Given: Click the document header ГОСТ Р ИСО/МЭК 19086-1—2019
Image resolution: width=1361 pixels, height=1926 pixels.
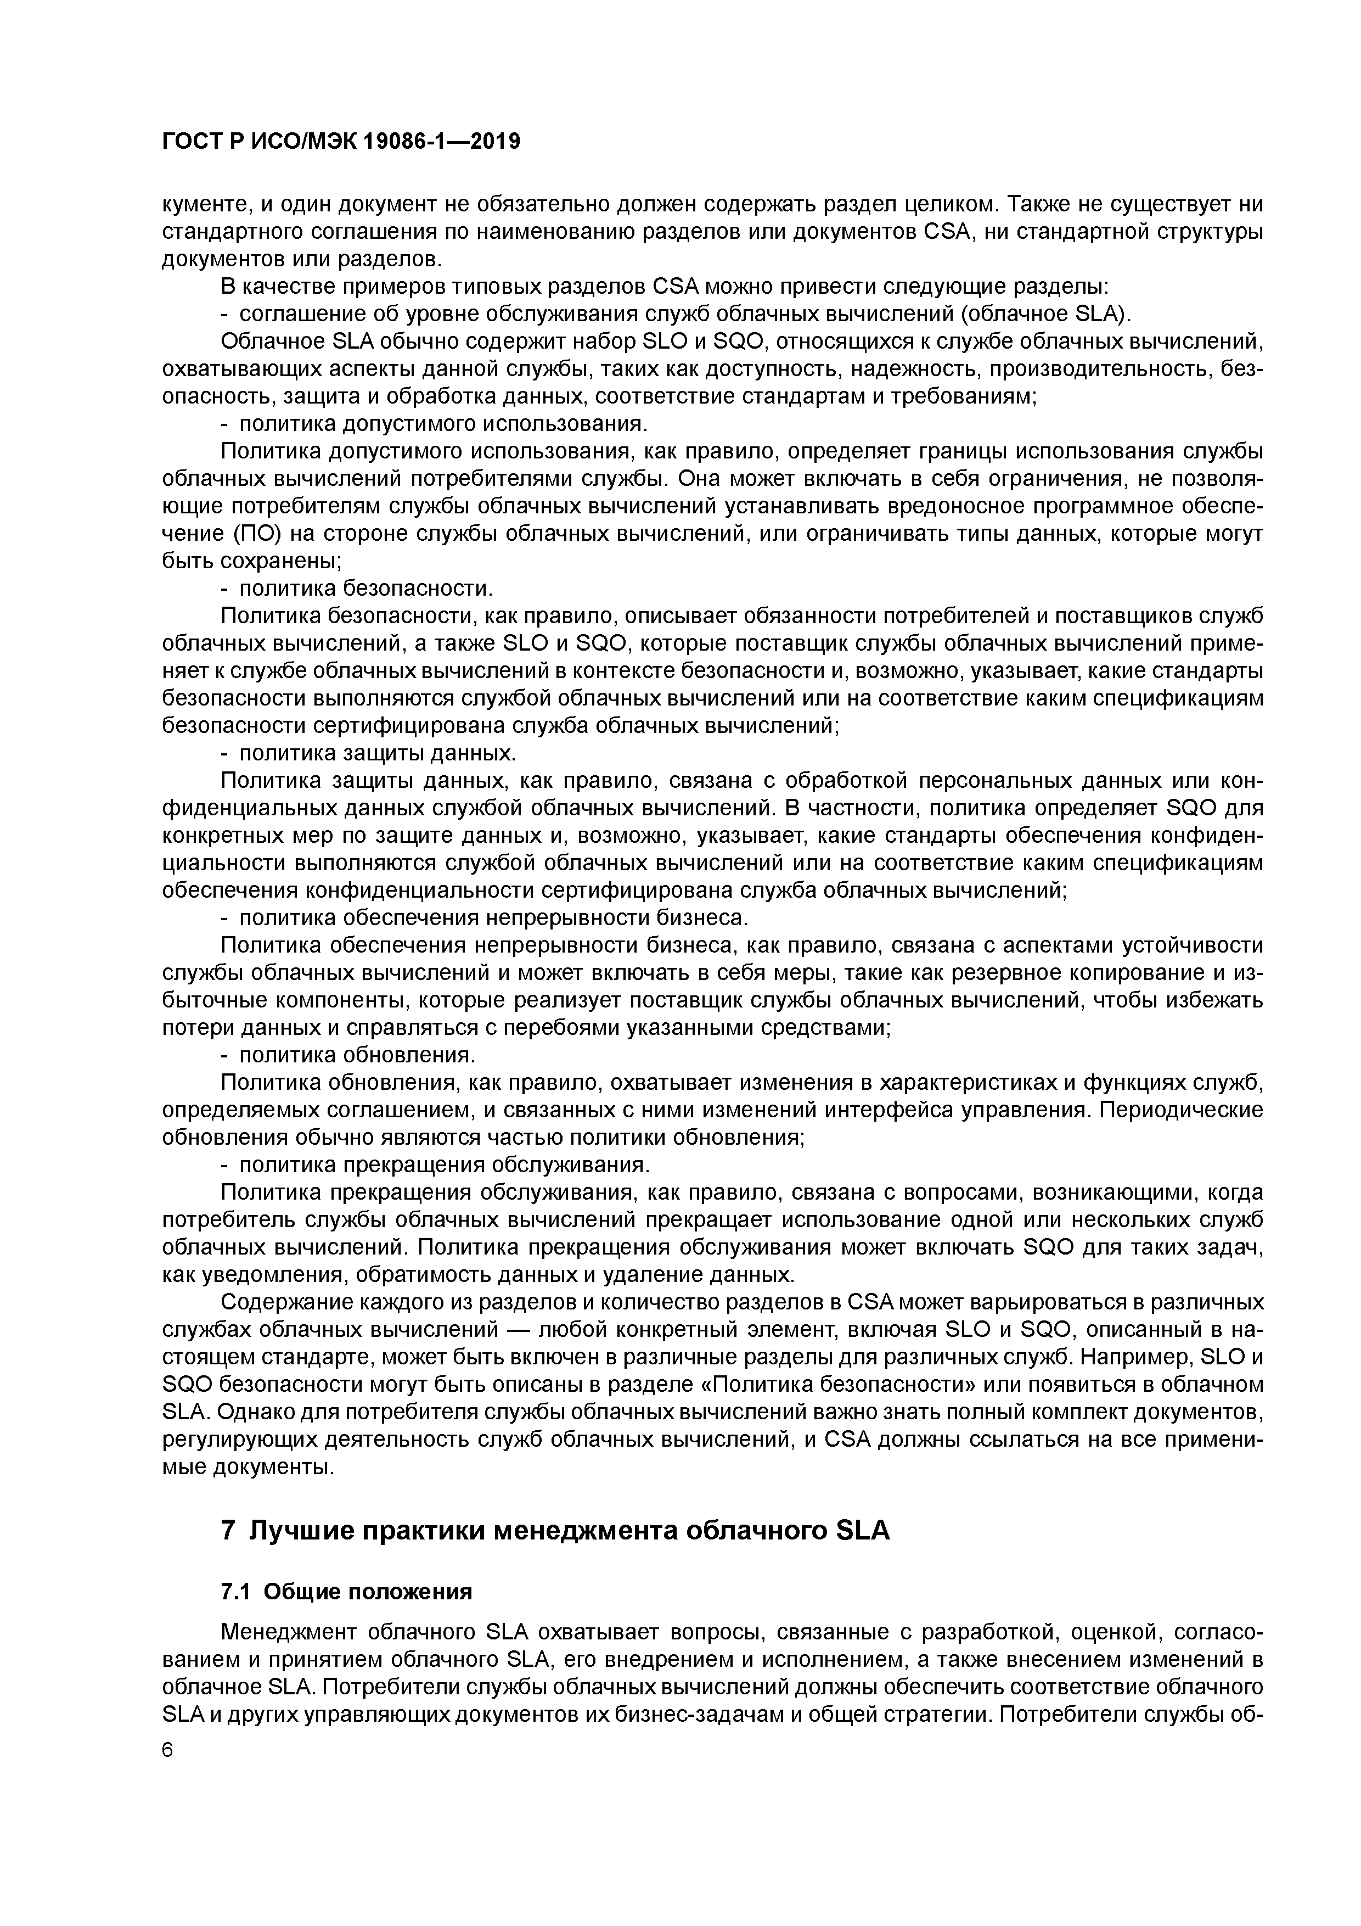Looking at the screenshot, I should click(x=340, y=142).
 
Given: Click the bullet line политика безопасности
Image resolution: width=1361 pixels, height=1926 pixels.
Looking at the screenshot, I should click(x=365, y=588).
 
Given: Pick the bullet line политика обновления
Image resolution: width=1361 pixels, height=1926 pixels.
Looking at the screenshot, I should click(x=357, y=1055).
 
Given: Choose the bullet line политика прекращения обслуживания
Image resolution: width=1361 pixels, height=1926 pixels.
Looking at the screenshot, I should click(x=445, y=1165).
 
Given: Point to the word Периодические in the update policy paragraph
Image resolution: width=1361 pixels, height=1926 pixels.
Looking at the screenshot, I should click(x=1180, y=1110).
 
